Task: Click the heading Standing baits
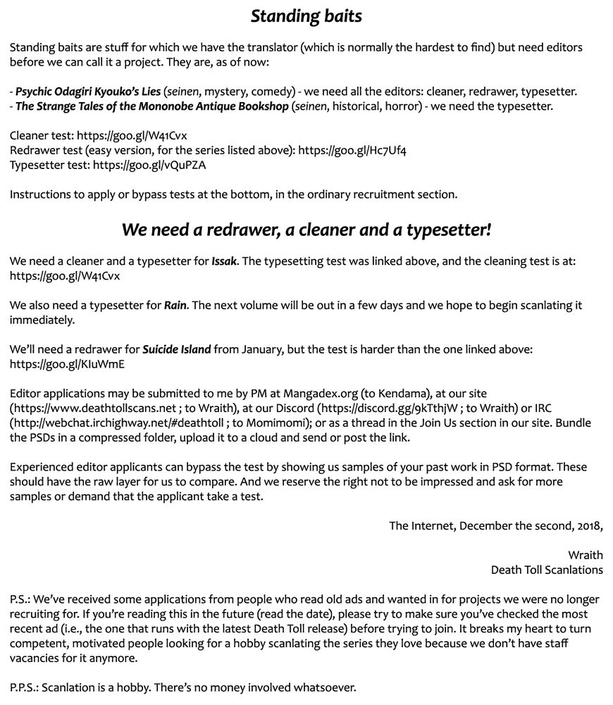point(306,16)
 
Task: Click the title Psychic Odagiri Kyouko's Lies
point(88,92)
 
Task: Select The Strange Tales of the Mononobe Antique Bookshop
point(152,106)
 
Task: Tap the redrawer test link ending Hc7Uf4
point(352,151)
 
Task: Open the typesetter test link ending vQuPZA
point(149,166)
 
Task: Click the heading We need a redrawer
point(306,230)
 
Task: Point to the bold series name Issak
point(224,261)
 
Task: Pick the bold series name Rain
point(175,306)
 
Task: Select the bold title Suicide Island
point(176,349)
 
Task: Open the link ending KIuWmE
point(68,364)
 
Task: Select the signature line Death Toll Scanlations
point(547,569)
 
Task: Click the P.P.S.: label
point(24,687)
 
